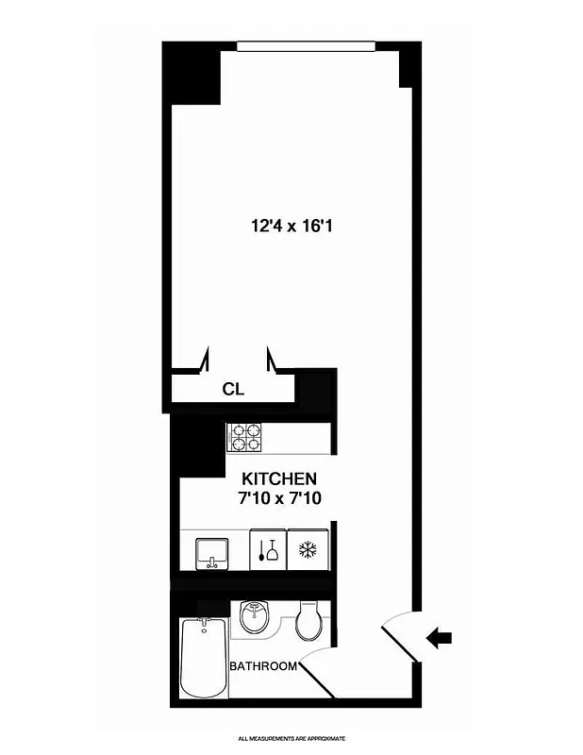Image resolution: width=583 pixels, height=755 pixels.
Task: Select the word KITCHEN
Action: pyautogui.click(x=279, y=478)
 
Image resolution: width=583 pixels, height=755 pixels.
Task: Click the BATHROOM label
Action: pyautogui.click(x=263, y=665)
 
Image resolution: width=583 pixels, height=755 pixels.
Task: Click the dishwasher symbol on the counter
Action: pyautogui.click(x=267, y=551)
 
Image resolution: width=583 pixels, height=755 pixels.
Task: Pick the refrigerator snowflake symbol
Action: pyautogui.click(x=307, y=550)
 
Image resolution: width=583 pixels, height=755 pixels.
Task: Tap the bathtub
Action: pyautogui.click(x=203, y=657)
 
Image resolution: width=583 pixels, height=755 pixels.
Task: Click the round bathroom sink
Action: pyautogui.click(x=254, y=618)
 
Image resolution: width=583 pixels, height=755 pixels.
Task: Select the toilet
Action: pyautogui.click(x=308, y=620)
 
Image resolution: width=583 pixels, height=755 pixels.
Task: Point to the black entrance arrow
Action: pyautogui.click(x=438, y=639)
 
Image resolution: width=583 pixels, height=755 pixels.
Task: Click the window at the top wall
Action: pyautogui.click(x=306, y=45)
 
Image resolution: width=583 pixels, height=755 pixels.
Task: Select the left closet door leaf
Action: pyautogui.click(x=205, y=361)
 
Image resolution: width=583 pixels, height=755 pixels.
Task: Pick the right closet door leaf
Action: pyautogui.click(x=271, y=360)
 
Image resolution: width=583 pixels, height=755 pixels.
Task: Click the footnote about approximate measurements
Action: pyautogui.click(x=291, y=737)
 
